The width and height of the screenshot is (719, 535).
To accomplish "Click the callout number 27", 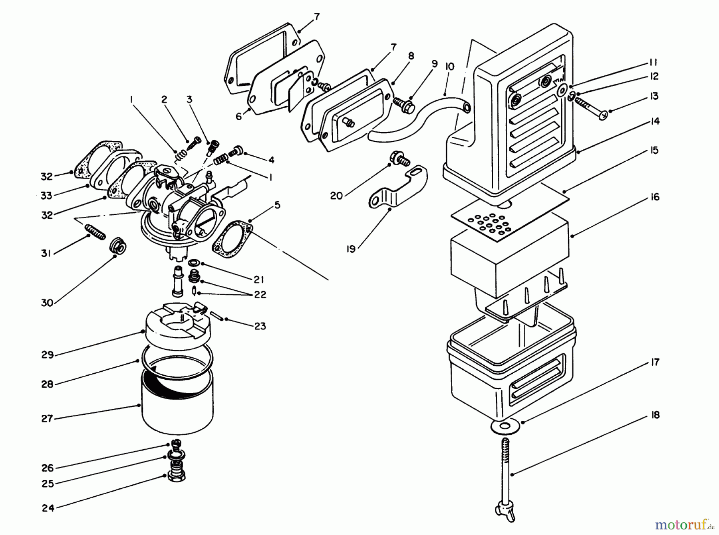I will coord(47,418).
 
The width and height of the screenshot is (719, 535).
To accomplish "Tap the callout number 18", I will coord(655,415).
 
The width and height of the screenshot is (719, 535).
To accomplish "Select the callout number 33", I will coord(46,196).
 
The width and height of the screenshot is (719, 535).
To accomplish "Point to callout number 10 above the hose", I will coord(450,66).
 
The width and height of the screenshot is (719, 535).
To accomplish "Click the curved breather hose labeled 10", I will coord(415,116).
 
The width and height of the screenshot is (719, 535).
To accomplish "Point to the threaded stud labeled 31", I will coord(95,232).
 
